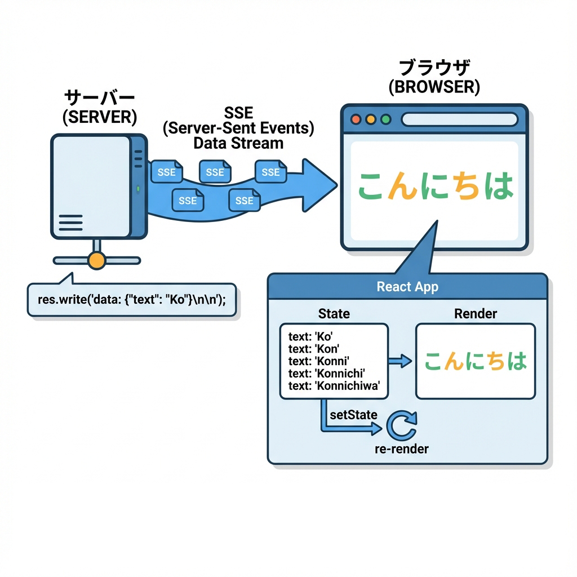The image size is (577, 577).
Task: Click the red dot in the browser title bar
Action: pyautogui.click(x=356, y=119)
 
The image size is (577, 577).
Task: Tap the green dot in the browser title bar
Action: pyautogui.click(x=385, y=119)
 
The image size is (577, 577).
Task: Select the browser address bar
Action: pyautogui.click(x=460, y=119)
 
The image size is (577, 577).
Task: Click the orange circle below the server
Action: pyautogui.click(x=97, y=260)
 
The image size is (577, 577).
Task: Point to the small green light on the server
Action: pyautogui.click(x=138, y=189)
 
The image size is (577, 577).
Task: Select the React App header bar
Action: pyautogui.click(x=407, y=286)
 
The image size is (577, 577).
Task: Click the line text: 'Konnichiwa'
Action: pyautogui.click(x=334, y=386)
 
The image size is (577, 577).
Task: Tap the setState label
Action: pyautogui.click(x=353, y=415)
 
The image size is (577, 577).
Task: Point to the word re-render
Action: pyautogui.click(x=401, y=449)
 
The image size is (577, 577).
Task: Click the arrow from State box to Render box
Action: pyautogui.click(x=401, y=361)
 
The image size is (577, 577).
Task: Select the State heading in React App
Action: pyautogui.click(x=334, y=313)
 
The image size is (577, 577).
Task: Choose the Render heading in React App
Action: pyautogui.click(x=476, y=313)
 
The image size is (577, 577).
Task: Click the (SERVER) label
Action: pyautogui.click(x=100, y=117)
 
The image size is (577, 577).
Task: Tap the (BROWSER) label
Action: pyautogui.click(x=434, y=87)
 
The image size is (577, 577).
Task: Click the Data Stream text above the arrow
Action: pyautogui.click(x=238, y=143)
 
